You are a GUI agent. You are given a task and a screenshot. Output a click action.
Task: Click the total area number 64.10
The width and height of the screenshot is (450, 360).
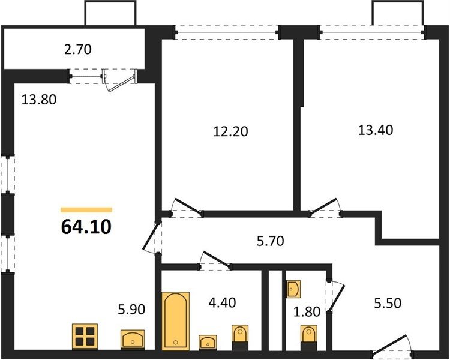(86, 227)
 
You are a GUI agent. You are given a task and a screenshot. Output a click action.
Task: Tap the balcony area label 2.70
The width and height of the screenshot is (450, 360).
(77, 49)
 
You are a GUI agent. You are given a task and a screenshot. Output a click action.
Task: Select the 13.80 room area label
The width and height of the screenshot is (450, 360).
(39, 100)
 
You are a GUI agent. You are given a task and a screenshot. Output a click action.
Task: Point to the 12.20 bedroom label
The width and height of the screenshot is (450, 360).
(230, 131)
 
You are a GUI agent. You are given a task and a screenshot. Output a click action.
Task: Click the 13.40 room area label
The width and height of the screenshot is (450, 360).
(376, 130)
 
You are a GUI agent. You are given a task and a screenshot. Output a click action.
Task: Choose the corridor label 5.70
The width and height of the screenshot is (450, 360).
(271, 241)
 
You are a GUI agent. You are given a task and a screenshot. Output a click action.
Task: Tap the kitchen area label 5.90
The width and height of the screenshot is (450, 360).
(132, 310)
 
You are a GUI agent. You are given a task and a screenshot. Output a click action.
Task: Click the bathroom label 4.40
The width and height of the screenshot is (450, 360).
(222, 302)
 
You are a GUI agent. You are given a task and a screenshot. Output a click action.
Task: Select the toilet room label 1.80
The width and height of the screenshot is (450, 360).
(307, 312)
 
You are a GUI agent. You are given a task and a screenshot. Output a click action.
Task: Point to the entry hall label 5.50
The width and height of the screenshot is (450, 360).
(388, 303)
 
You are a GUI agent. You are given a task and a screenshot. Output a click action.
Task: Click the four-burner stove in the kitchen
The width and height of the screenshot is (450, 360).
(85, 337)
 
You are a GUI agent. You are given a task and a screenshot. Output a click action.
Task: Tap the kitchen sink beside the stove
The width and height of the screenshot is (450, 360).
(133, 340)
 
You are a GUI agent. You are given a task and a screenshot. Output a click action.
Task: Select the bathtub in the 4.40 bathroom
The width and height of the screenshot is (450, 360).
(176, 321)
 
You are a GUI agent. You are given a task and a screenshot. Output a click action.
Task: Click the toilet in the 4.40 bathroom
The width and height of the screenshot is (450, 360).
(240, 337)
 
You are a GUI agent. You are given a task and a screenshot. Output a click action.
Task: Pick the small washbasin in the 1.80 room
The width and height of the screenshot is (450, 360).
(293, 289)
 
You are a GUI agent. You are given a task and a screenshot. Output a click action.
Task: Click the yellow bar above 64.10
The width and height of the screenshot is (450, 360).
(86, 210)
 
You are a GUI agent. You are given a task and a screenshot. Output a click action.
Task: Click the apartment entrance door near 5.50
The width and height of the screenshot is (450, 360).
(392, 346)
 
